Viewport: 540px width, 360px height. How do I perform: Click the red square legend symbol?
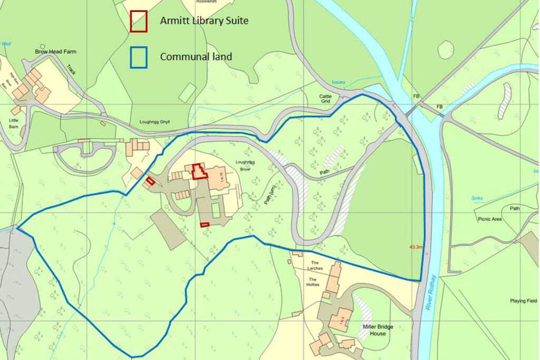[x=139, y=21]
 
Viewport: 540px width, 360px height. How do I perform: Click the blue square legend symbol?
[x=139, y=57]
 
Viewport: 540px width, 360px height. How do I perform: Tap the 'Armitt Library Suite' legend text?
[x=204, y=21]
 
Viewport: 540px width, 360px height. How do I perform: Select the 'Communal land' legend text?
[x=196, y=57]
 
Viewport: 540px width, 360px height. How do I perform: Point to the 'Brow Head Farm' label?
[x=55, y=52]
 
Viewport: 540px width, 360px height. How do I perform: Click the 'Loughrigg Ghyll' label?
[x=155, y=122]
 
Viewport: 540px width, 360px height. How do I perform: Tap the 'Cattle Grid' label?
[x=325, y=99]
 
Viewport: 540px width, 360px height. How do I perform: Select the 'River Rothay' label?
[x=431, y=292]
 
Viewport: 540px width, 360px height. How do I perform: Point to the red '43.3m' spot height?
[x=416, y=247]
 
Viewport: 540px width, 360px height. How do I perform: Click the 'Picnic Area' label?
[x=489, y=219]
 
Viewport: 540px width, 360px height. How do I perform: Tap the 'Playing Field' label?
[x=524, y=301]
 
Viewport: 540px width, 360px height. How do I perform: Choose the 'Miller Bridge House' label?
[x=378, y=330]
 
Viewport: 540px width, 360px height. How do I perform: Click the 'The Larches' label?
[x=315, y=266]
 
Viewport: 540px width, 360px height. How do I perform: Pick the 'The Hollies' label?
[x=313, y=281]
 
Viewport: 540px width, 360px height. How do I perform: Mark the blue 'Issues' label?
[x=338, y=82]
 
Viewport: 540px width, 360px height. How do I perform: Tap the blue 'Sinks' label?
[x=477, y=198]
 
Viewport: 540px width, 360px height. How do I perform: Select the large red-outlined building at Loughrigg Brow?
[x=199, y=171]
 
